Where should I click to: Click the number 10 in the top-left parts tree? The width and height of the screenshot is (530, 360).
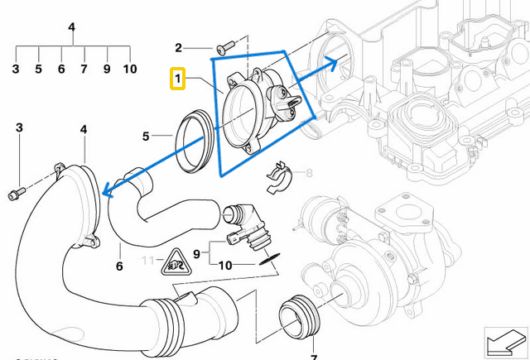pyautogui.click(x=130, y=69)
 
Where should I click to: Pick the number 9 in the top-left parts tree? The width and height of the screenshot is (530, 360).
pyautogui.click(x=107, y=69)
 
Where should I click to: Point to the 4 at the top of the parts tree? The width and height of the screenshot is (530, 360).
pyautogui.click(x=72, y=27)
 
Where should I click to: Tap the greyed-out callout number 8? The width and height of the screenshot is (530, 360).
pyautogui.click(x=310, y=174)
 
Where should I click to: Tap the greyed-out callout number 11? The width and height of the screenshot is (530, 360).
pyautogui.click(x=147, y=262)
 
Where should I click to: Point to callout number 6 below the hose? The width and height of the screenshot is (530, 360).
pyautogui.click(x=119, y=266)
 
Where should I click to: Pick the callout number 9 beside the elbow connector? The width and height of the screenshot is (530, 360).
pyautogui.click(x=197, y=252)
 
